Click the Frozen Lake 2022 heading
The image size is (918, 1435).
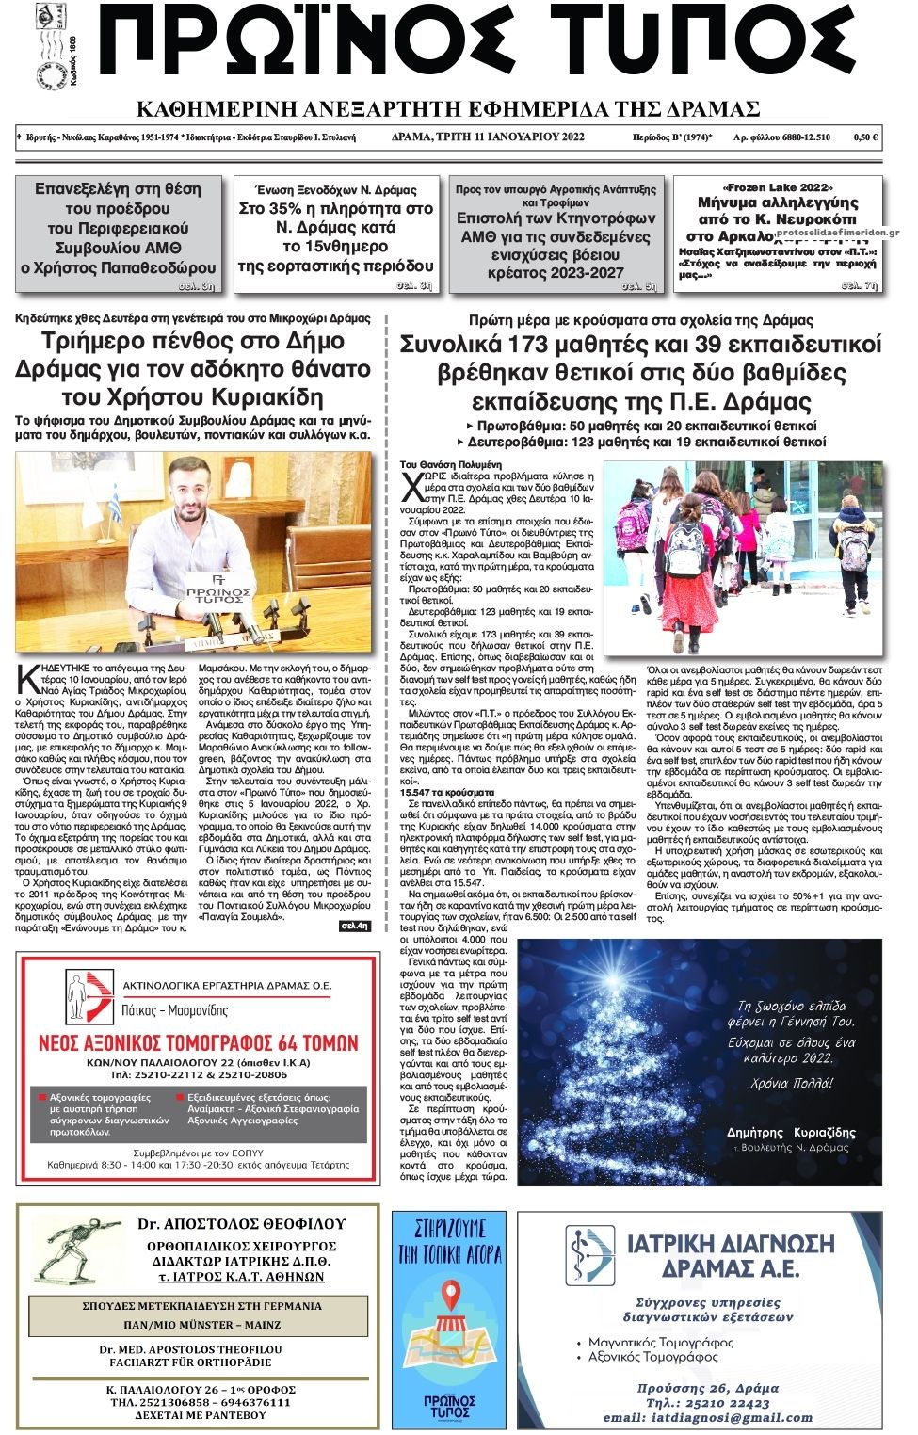coord(778,187)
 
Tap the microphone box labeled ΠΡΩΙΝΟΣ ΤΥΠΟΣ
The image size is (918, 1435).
coord(219,593)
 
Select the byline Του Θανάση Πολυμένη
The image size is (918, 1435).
coord(451,465)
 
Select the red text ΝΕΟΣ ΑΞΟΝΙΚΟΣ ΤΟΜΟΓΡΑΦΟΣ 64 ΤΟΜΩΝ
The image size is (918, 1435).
coord(198,1043)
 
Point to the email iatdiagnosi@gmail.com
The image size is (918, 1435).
coord(708,1417)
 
